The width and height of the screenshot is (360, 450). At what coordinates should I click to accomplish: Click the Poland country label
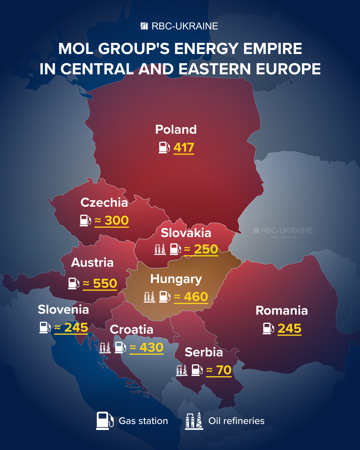176,129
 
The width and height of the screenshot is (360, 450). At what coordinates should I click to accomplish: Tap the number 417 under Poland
184,147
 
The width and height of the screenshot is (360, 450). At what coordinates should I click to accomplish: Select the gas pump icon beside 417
164,147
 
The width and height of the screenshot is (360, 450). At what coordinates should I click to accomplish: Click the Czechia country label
104,202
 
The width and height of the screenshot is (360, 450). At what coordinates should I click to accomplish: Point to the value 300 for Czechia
116,220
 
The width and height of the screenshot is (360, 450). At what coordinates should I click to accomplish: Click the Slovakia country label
186,233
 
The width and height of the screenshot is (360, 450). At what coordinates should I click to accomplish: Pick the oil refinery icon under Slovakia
160,249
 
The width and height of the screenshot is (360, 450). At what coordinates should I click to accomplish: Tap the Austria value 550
105,283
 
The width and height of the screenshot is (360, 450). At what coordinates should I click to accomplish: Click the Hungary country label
176,279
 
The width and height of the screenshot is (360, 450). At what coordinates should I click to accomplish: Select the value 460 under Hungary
196,297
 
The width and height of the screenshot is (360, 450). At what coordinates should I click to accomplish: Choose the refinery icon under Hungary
149,297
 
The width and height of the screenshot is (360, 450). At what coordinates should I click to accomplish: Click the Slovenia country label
63,309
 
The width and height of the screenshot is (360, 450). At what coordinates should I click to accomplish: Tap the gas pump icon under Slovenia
45,327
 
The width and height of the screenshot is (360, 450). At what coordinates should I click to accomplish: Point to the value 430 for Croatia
151,347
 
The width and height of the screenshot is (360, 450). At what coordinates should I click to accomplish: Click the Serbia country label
204,352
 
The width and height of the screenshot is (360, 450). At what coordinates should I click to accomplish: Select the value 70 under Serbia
224,370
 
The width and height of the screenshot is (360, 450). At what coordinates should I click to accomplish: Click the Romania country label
282,310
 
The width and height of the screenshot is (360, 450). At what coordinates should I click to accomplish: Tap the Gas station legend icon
104,421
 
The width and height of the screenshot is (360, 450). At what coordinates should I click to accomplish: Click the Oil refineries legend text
236,421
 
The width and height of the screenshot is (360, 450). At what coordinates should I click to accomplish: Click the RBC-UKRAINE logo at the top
179,26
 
